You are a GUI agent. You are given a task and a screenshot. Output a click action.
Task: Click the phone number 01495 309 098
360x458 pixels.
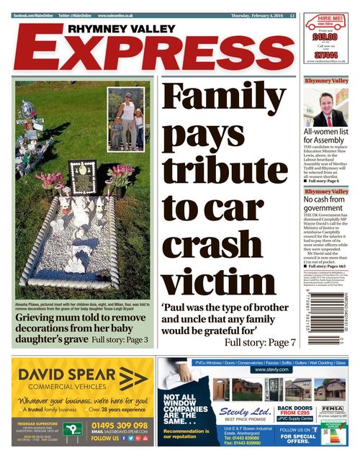click(121, 425)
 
